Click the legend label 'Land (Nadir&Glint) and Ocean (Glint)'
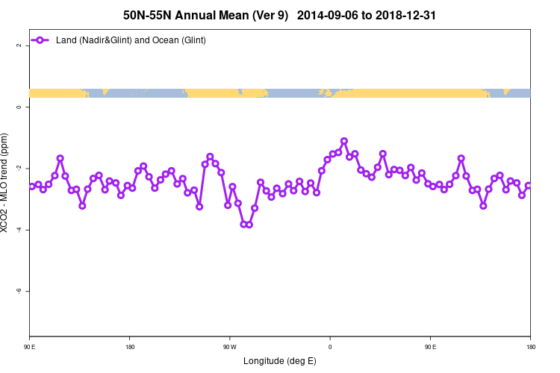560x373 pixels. coord(131,40)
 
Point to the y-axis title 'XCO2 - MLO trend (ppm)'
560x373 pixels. coord(6,183)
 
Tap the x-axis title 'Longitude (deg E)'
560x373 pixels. coord(280,361)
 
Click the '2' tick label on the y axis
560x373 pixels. coord(19,46)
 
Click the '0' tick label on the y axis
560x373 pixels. coord(19,107)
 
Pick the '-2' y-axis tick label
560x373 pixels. coord(19,169)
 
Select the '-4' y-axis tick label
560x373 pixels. coord(19,230)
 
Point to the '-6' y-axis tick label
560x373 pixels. coord(19,291)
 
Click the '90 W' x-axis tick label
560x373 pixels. coord(229,346)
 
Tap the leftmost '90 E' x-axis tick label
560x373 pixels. coord(30,346)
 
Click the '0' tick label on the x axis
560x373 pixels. coord(330,346)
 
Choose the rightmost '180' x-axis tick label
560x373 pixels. coord(530,346)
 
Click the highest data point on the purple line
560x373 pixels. coord(344,141)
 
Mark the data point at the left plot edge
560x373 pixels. coord(31,186)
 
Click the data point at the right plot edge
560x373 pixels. coord(529,186)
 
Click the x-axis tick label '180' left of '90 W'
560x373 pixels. coord(130,346)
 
